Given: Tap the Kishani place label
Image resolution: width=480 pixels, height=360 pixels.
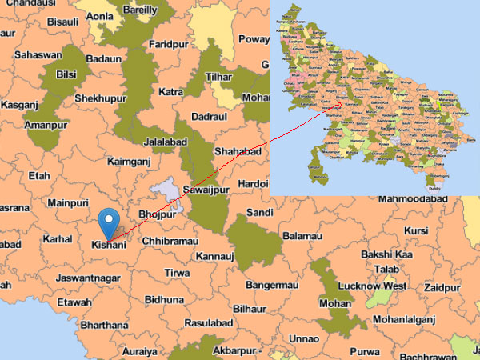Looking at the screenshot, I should [x=108, y=244].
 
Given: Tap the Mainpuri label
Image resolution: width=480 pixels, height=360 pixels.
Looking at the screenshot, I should [x=68, y=203].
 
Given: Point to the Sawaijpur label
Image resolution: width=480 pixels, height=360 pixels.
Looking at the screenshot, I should [x=207, y=191].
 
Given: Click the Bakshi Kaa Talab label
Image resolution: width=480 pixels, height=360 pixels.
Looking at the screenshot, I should [x=386, y=262].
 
